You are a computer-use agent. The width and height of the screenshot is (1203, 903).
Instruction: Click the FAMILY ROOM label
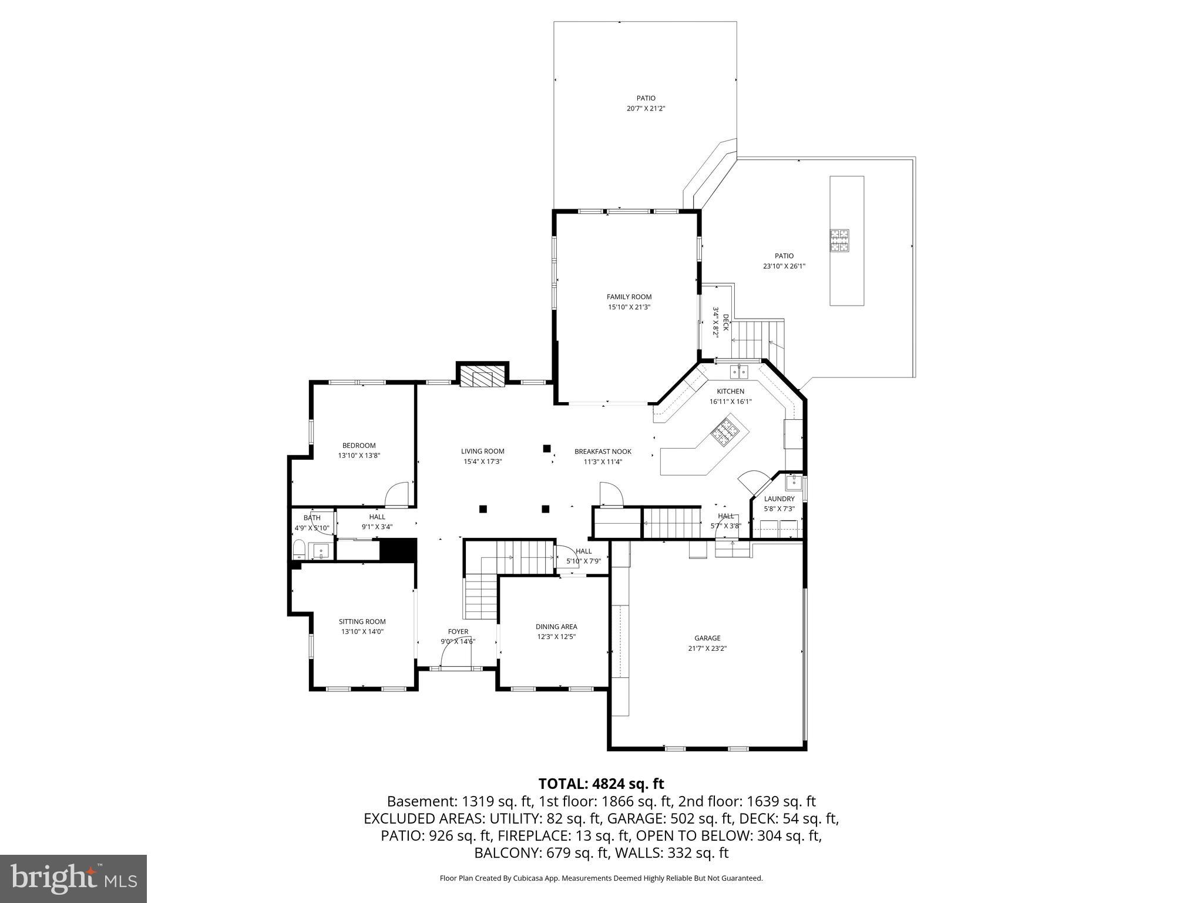[629, 297]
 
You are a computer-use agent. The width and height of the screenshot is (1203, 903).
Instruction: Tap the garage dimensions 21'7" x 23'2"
[707, 648]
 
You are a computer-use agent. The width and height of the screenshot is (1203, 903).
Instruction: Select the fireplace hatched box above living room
[482, 377]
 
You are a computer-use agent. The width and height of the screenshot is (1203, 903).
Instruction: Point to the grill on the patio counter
[839, 240]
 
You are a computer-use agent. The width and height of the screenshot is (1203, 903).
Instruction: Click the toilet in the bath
[299, 550]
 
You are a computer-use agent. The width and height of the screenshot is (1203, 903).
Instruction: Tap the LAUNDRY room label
[779, 499]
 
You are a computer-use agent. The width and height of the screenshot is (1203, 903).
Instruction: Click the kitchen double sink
[739, 372]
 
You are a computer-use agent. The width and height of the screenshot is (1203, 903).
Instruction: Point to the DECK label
[725, 322]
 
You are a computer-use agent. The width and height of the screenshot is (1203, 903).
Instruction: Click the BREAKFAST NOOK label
[603, 451]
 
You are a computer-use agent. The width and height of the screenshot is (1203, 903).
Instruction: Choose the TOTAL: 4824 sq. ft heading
[601, 784]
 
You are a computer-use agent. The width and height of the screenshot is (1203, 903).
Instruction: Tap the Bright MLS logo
[73, 879]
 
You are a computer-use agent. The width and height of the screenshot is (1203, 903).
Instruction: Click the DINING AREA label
[556, 627]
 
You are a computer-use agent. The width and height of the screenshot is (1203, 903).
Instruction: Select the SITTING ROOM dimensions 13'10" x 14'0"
[362, 631]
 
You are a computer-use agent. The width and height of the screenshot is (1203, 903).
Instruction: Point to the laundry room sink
[794, 483]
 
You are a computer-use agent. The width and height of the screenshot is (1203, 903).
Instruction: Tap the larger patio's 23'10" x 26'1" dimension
[784, 266]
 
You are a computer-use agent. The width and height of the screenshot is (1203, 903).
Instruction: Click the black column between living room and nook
[546, 449]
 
